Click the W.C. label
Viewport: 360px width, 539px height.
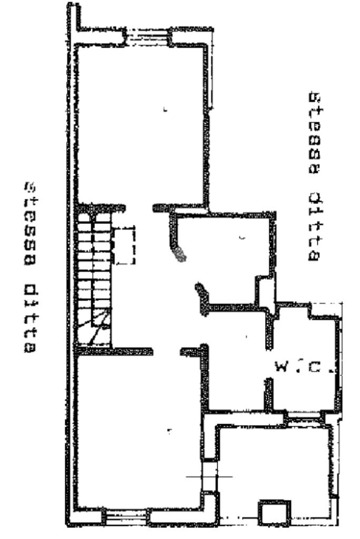[x=303, y=366]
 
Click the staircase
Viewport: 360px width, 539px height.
[x=93, y=274]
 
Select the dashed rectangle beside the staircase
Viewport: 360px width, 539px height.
[x=125, y=246]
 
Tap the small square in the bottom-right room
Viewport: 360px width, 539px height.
[x=274, y=512]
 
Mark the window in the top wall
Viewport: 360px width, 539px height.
[x=146, y=35]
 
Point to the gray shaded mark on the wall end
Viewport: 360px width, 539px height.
[x=181, y=254]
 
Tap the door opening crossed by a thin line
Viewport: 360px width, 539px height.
[x=210, y=477]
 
